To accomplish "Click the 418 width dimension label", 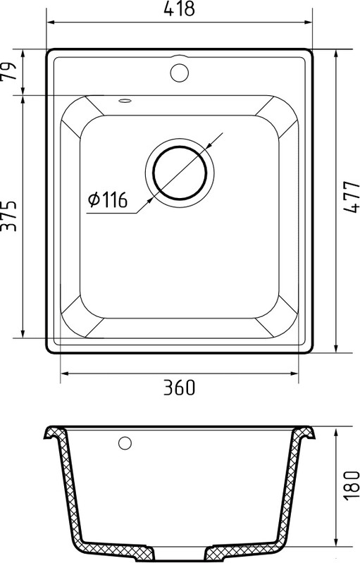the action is pyautogui.click(x=179, y=9).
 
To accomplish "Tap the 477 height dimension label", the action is pyautogui.click(x=351, y=197).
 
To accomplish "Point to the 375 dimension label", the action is pyautogui.click(x=8, y=216).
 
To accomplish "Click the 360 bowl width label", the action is pyautogui.click(x=180, y=387).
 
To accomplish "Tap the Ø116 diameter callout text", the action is pyautogui.click(x=108, y=199).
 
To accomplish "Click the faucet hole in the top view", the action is pyautogui.click(x=179, y=73).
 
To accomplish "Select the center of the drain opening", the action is pyautogui.click(x=180, y=173).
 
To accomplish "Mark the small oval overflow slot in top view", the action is pyautogui.click(x=125, y=101).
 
